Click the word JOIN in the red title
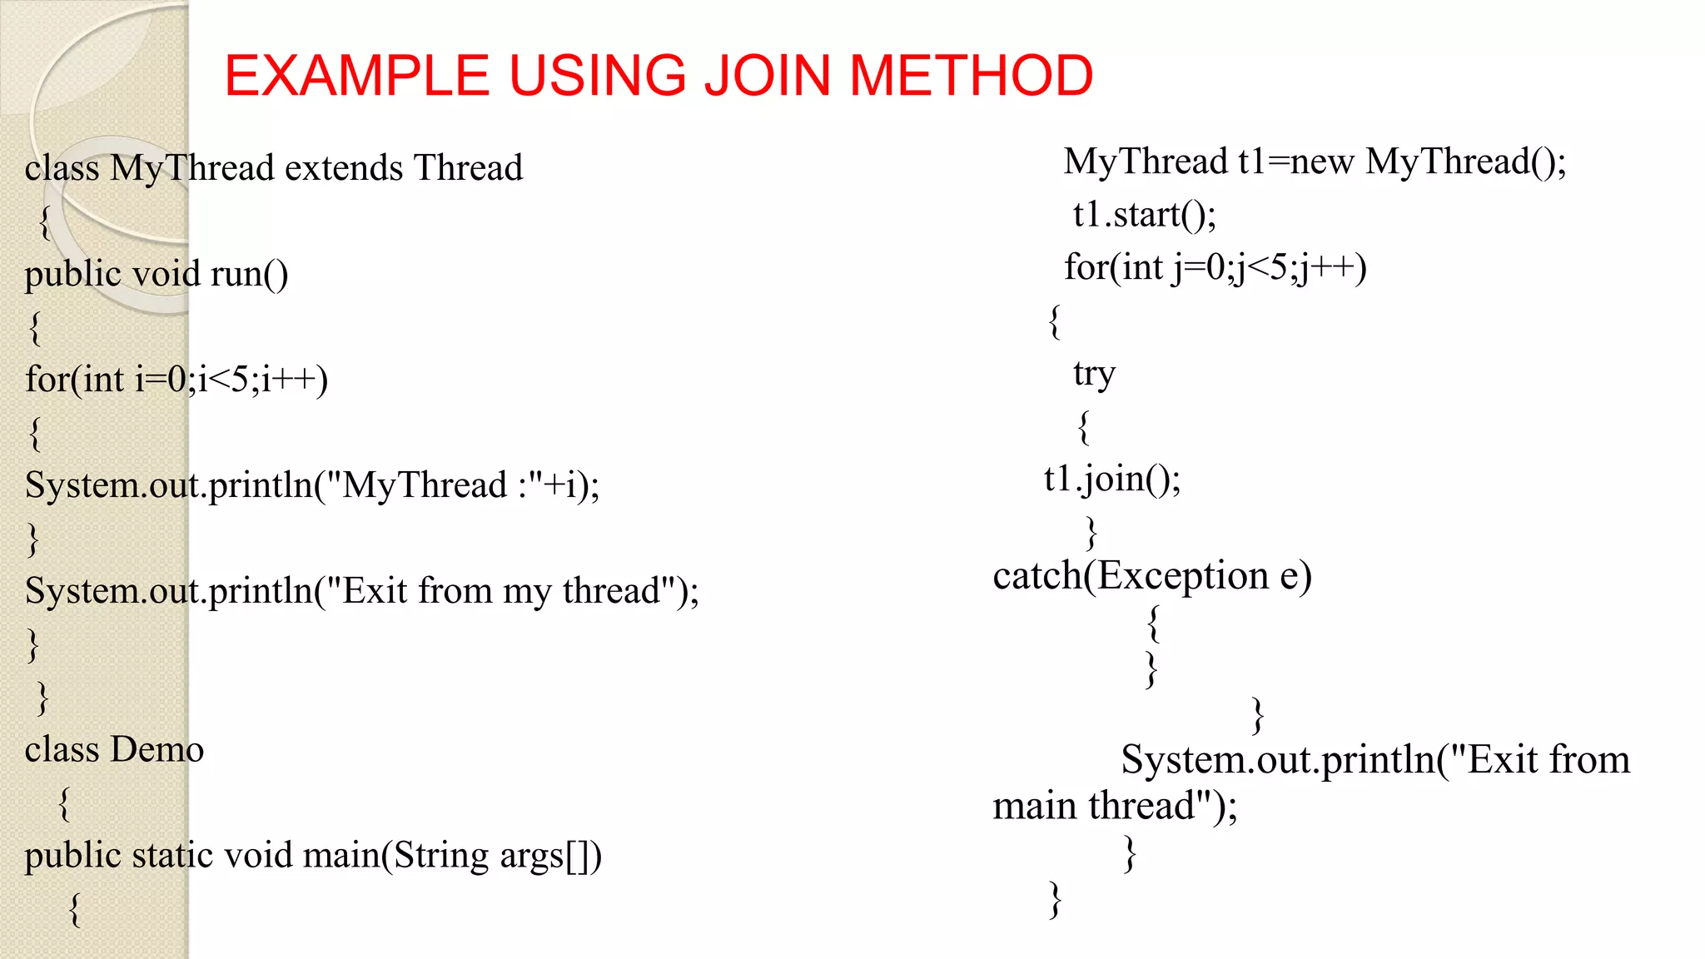tap(767, 76)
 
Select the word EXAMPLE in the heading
tap(356, 76)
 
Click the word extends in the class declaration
tap(344, 168)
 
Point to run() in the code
tap(249, 274)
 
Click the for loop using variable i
tap(176, 380)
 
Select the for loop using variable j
tap(1215, 268)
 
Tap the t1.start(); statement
tap(1144, 215)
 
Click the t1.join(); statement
tap(1112, 479)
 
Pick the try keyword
tap(1094, 375)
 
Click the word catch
tap(1037, 576)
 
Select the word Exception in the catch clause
tap(1182, 576)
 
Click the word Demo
tap(157, 750)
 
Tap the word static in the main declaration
tap(172, 856)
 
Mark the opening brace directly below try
tap(1083, 427)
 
